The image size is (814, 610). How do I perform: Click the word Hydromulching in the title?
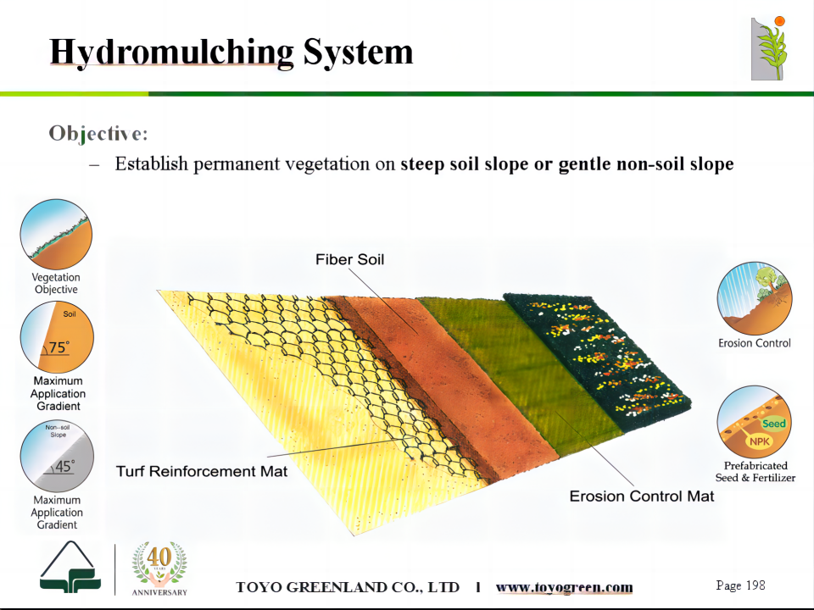pyautogui.click(x=172, y=53)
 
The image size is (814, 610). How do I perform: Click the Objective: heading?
pyautogui.click(x=98, y=134)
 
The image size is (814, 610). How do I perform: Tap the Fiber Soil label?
pyautogui.click(x=350, y=259)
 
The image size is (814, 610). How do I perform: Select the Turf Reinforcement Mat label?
pyautogui.click(x=202, y=471)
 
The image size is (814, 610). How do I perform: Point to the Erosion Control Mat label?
pyautogui.click(x=642, y=496)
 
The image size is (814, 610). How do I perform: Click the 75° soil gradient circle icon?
pyautogui.click(x=57, y=337)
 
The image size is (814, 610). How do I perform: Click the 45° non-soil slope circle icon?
pyautogui.click(x=57, y=456)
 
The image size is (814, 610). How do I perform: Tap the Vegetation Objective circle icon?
pyautogui.click(x=56, y=235)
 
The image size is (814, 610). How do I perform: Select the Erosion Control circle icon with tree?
pyautogui.click(x=755, y=298)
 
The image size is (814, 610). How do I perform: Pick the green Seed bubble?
pyautogui.click(x=773, y=424)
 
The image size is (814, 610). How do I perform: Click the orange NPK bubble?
pyautogui.click(x=760, y=441)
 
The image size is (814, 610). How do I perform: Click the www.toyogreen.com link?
pyautogui.click(x=565, y=587)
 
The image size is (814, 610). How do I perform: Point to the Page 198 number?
pyautogui.click(x=740, y=585)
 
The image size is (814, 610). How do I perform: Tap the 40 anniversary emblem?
pyautogui.click(x=159, y=568)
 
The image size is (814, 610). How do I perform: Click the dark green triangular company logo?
pyautogui.click(x=70, y=567)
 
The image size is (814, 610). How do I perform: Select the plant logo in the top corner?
pyautogui.click(x=769, y=48)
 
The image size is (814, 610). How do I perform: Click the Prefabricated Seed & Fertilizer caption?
pyautogui.click(x=755, y=472)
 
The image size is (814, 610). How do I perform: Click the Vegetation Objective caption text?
pyautogui.click(x=56, y=283)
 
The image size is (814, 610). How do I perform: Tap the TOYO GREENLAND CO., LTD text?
pyautogui.click(x=348, y=587)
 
